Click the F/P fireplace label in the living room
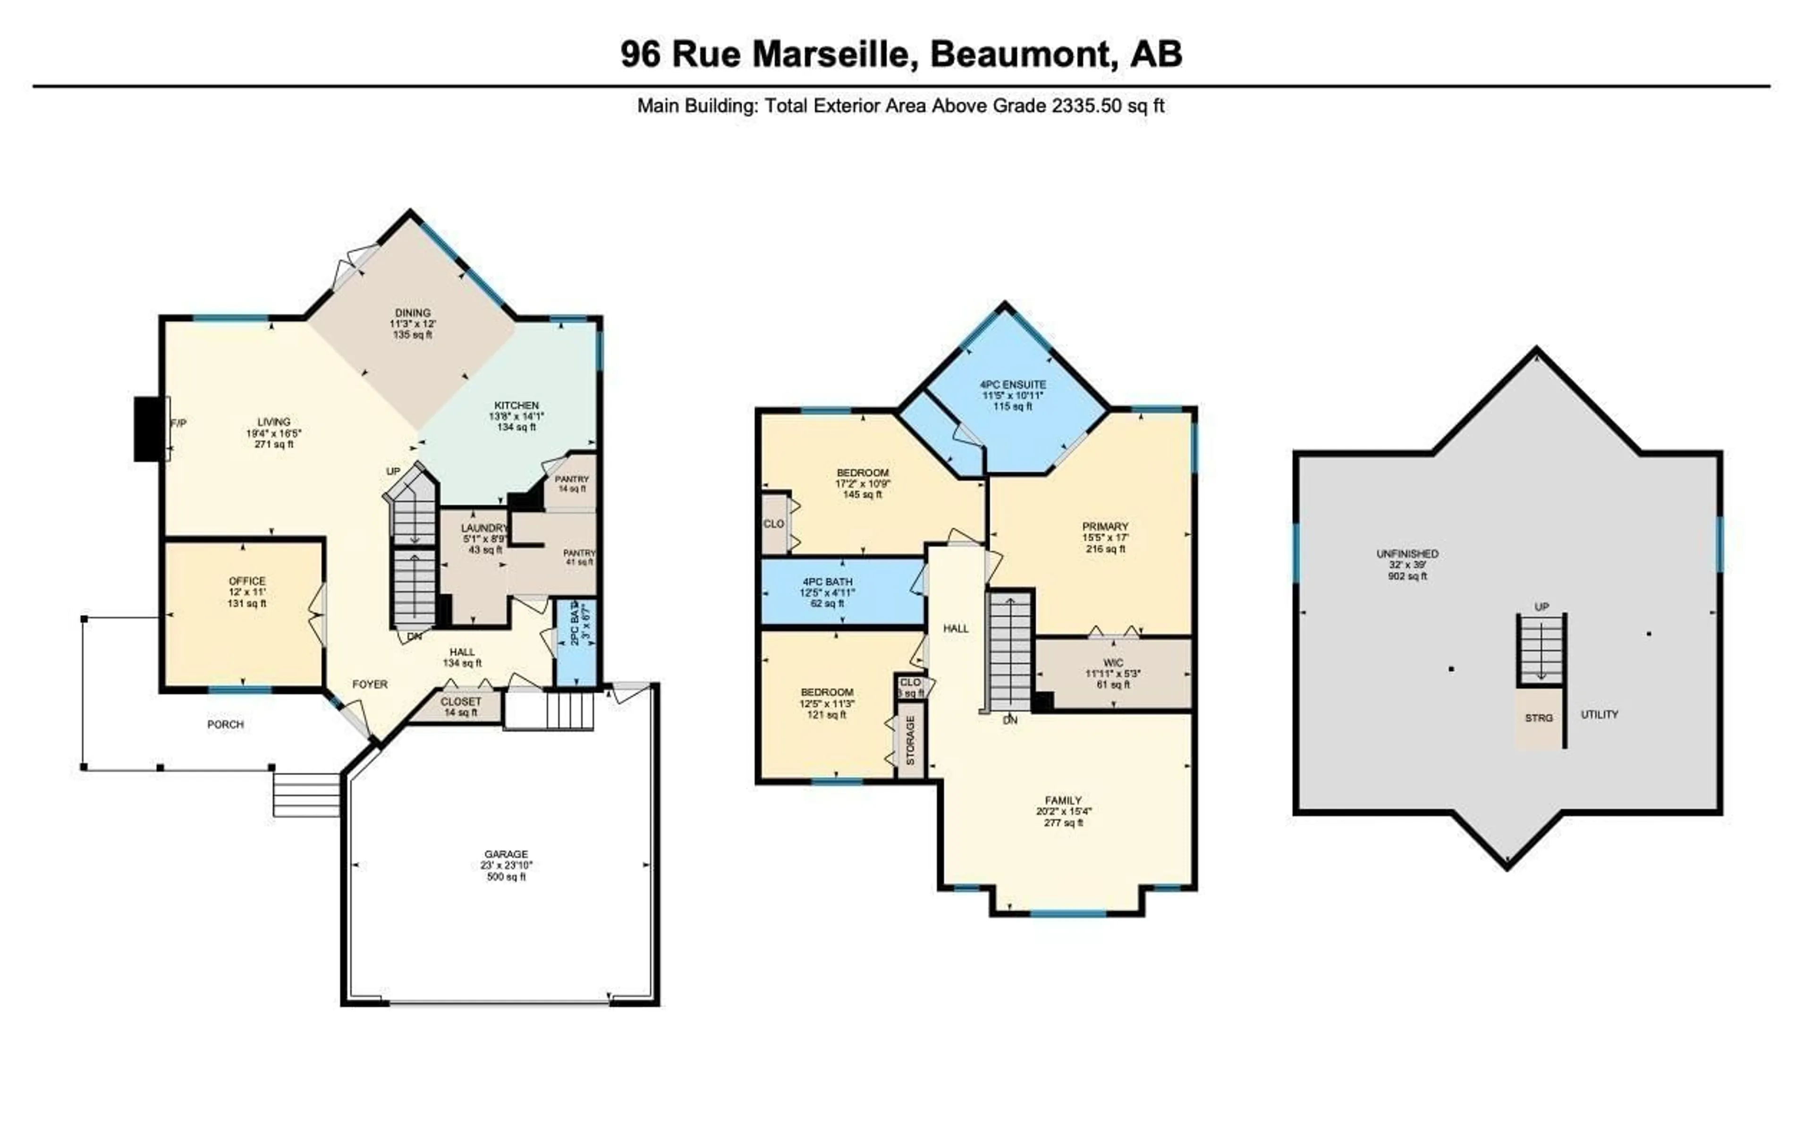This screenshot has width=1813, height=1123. click(179, 422)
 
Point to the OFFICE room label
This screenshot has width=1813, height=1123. click(247, 581)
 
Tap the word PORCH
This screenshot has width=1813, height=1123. click(225, 724)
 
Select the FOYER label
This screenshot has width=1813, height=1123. click(370, 684)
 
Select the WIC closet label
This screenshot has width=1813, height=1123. click(1113, 662)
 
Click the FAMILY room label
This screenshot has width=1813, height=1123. click(1063, 801)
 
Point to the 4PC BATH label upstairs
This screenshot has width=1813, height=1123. click(827, 582)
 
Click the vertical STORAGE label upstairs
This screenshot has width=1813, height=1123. click(911, 741)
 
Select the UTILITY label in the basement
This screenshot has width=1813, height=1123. click(1599, 715)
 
